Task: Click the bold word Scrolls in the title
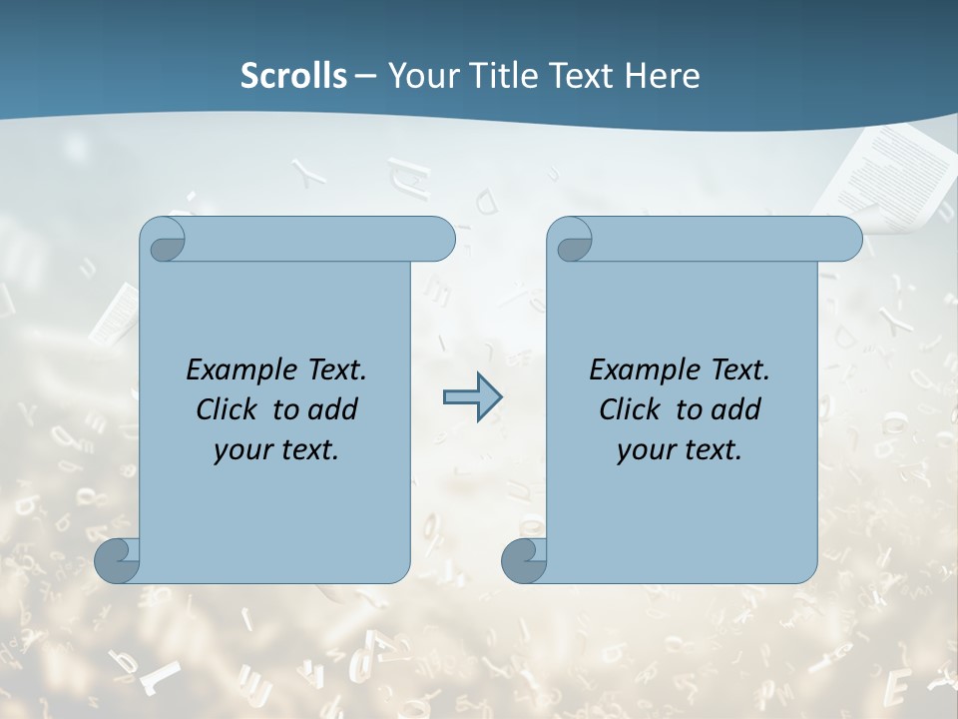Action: pos(293,75)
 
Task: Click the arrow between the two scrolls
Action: pos(472,397)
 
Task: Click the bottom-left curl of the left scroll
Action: pos(118,561)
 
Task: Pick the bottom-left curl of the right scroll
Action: pos(524,561)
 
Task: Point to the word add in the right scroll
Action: pos(736,409)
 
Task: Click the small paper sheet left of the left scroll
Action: pos(116,310)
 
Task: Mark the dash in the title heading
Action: pos(366,75)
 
